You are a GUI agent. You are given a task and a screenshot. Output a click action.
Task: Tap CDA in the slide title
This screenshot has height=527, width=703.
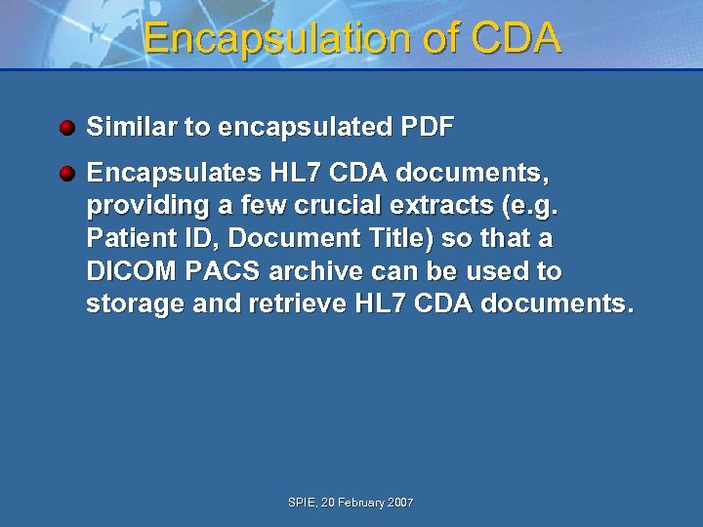[x=516, y=38]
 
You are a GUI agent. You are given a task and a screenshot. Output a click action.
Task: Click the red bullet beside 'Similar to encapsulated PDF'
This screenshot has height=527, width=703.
[x=66, y=127]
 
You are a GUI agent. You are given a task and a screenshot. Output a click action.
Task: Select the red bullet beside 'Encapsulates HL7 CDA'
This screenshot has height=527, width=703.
[x=66, y=174]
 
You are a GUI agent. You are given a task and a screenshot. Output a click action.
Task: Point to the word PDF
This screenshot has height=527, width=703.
[x=427, y=127]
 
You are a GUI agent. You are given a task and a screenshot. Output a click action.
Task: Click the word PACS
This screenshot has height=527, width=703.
[x=207, y=270]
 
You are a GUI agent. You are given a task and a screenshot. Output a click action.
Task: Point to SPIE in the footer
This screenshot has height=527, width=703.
[x=302, y=503]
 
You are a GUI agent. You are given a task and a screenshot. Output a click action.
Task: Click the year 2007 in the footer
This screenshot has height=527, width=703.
[x=400, y=503]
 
